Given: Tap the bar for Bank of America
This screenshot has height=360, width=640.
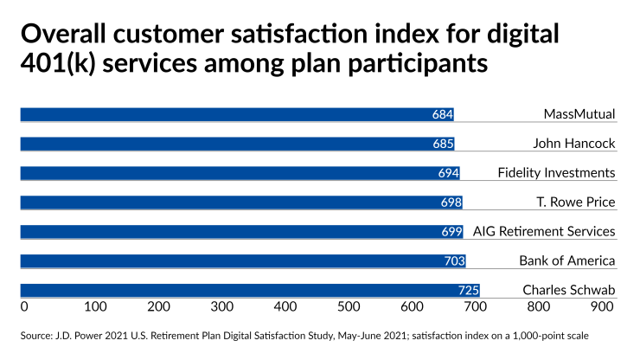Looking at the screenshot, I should [x=242, y=260].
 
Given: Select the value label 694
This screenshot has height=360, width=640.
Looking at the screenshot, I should [x=448, y=173].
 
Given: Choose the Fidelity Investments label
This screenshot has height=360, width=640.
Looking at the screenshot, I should [x=556, y=173].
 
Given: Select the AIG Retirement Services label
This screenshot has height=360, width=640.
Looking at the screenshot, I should [x=544, y=231].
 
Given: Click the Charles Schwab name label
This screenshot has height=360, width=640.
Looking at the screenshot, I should [x=569, y=290].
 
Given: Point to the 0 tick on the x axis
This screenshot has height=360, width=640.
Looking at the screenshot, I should [x=23, y=306].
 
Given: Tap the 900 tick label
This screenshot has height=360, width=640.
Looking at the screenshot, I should [x=602, y=306].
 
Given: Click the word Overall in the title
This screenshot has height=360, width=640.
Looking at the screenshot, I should [x=65, y=35].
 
